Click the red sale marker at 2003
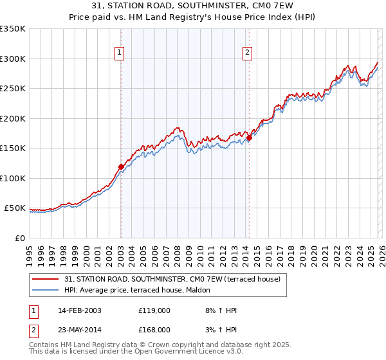121,166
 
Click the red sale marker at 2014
249,137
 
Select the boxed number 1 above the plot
120,53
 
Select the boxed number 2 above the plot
248,53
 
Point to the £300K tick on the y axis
13,59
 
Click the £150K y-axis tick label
13,148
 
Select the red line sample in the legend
45,280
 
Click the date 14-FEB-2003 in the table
79,310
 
